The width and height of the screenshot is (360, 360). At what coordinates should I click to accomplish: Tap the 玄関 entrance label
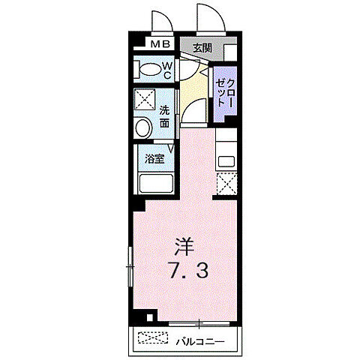[200, 48]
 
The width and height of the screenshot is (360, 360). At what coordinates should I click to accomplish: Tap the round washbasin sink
[142, 127]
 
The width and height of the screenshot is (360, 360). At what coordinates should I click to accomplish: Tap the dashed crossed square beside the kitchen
[226, 182]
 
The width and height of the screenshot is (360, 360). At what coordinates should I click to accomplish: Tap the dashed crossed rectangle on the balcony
[154, 340]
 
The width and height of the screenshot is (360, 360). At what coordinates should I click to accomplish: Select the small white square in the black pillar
[152, 315]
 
